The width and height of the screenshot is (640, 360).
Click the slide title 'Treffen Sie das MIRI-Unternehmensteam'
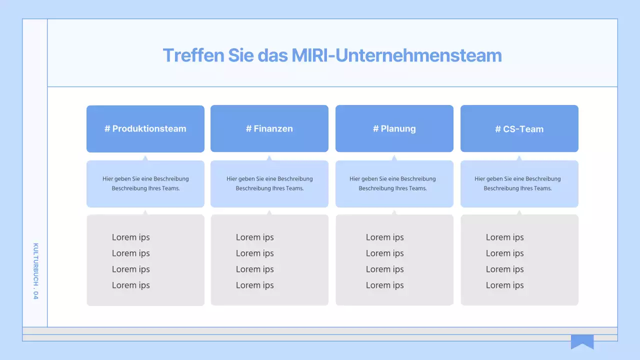pos(332,55)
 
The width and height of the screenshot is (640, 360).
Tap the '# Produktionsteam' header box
pos(145,128)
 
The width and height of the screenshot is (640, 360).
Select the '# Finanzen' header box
pos(269,128)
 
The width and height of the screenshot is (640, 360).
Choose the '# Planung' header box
pos(394,128)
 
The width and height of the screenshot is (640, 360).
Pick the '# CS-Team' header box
pos(519,129)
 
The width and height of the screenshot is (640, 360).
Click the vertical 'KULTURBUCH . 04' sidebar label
pos(35,271)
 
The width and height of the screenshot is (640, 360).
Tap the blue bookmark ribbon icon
pos(582,341)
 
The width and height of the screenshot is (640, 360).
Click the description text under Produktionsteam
pos(145,183)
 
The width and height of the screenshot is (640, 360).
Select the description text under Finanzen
pos(269,183)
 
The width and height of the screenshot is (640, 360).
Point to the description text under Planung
pos(392,183)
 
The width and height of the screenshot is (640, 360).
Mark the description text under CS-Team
pos(517,183)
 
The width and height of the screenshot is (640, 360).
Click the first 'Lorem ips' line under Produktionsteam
pos(131,237)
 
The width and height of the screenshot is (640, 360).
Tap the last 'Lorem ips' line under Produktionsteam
pos(131,285)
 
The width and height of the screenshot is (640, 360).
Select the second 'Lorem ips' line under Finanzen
pos(255,253)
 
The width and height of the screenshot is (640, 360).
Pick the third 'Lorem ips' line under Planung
pos(385,269)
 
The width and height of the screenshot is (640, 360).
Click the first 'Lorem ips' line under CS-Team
pos(505,237)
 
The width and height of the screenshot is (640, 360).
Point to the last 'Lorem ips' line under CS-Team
pos(505,285)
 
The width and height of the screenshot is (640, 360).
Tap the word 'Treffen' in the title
pos(193,55)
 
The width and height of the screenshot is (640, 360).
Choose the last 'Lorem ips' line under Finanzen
pos(255,285)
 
